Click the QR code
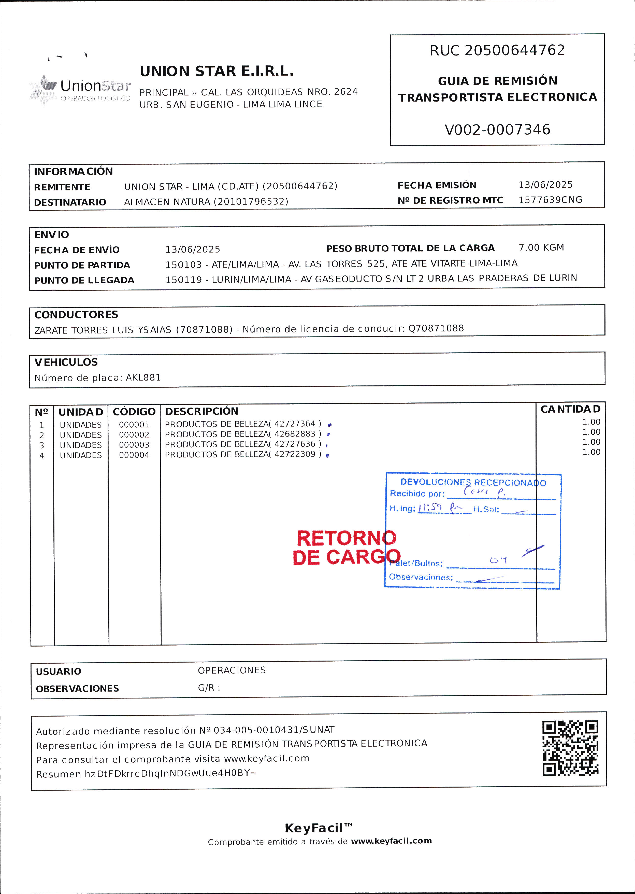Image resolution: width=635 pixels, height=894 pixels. tap(570, 748)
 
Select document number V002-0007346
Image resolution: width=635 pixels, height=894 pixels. tap(497, 130)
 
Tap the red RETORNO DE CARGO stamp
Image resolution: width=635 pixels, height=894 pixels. tap(347, 548)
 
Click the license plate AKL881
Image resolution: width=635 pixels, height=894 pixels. tap(143, 378)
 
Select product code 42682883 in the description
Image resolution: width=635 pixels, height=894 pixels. tap(295, 434)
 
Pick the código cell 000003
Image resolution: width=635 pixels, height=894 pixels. tap(134, 445)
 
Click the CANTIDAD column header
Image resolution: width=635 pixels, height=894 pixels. tap(570, 409)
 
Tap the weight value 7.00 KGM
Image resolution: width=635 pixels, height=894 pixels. tap(541, 248)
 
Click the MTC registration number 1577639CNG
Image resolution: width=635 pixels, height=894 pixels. tap(550, 200)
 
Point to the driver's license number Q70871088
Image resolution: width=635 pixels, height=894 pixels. tap(436, 328)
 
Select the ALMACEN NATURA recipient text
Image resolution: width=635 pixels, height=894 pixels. tap(206, 202)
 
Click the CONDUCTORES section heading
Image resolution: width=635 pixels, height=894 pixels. tap(76, 315)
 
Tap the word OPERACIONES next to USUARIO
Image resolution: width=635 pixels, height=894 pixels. tap(232, 670)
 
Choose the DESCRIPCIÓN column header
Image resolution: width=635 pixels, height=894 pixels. tap(201, 411)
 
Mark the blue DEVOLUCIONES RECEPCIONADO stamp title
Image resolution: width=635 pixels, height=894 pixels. tap(473, 482)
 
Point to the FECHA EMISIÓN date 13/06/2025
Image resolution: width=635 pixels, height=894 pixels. tap(545, 185)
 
